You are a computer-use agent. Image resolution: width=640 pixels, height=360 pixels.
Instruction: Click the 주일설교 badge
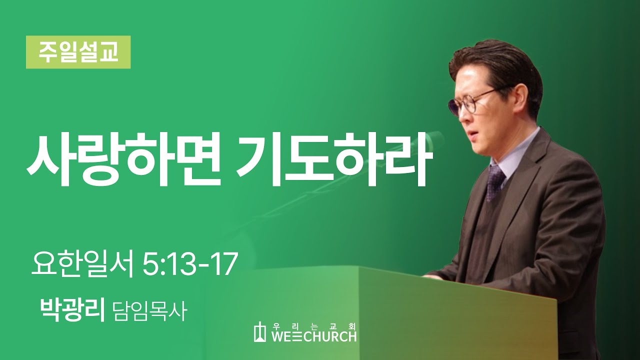(78, 52)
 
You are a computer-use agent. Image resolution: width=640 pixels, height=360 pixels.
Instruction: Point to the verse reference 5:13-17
(189, 265)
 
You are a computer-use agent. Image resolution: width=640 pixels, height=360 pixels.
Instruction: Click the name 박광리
(72, 310)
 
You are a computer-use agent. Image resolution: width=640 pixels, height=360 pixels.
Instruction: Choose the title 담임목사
(150, 311)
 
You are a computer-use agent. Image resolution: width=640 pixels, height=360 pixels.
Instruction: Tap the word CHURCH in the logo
(331, 336)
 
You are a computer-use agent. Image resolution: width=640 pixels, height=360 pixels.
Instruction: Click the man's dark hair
(500, 65)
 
